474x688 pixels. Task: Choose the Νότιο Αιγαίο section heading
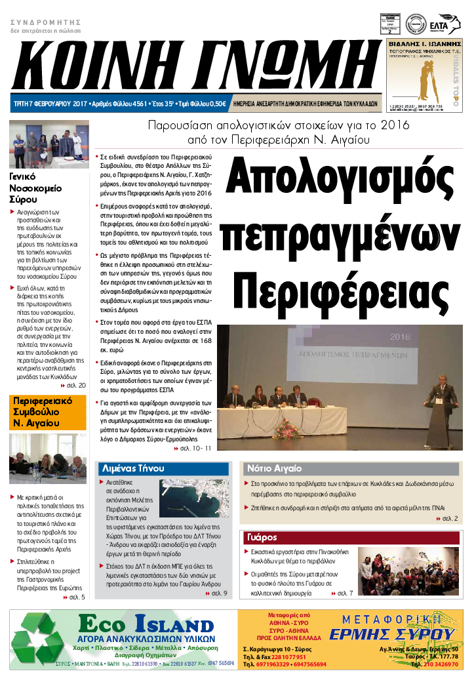pos(274,468)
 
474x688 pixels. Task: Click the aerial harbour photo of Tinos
pos(194,498)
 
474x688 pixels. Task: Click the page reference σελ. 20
pos(75,385)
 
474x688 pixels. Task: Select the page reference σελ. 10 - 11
pos(197,448)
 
